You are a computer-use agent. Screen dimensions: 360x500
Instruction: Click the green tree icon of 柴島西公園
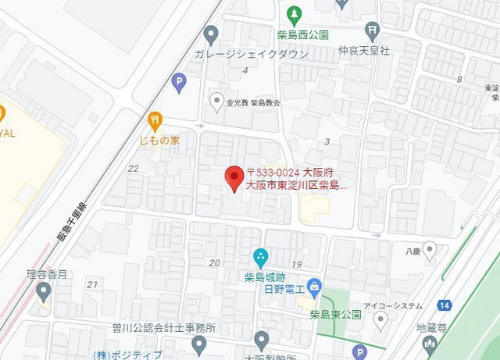(294, 14)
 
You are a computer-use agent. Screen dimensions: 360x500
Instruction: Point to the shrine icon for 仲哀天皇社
(373, 31)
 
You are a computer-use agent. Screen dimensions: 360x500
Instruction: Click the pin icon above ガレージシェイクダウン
(210, 34)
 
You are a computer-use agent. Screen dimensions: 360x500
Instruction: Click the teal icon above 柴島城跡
(261, 256)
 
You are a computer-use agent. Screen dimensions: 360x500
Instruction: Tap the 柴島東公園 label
(334, 315)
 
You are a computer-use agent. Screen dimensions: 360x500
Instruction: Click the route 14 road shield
(445, 305)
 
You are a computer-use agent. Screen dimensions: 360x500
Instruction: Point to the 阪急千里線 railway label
(73, 223)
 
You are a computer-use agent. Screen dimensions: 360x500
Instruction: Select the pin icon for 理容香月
(44, 292)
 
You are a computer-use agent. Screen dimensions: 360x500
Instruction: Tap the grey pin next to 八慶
(430, 250)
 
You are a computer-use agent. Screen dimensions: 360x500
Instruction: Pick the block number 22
(133, 168)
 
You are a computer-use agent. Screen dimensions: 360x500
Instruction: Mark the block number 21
(92, 284)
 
